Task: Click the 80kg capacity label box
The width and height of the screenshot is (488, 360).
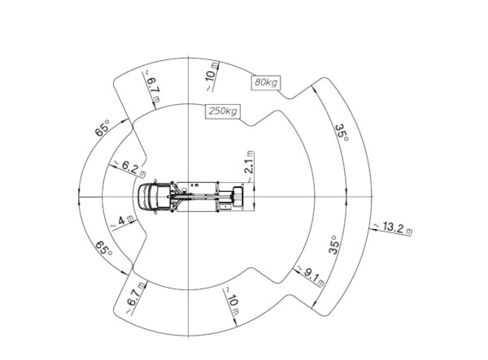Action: click(x=266, y=82)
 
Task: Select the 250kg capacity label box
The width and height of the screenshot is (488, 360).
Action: click(x=223, y=111)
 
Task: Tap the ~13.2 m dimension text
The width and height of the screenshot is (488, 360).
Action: click(x=393, y=228)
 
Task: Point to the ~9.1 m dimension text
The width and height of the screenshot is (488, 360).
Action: click(x=311, y=275)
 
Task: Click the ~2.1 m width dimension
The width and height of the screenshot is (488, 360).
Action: click(x=250, y=167)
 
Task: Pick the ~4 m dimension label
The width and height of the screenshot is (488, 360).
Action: click(x=123, y=221)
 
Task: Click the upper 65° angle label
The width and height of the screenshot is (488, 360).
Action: click(x=103, y=128)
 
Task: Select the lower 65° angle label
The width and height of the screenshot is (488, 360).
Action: click(x=104, y=249)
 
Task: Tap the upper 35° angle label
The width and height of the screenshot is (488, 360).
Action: click(x=342, y=132)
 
